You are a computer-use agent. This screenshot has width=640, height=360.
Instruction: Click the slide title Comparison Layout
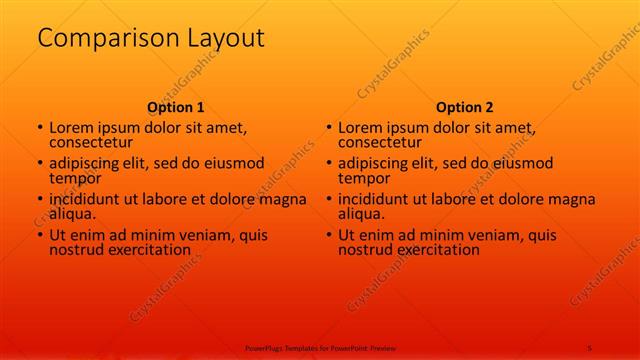point(151,39)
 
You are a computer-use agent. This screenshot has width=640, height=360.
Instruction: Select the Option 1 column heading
point(176,107)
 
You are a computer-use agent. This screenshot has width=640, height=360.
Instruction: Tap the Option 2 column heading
point(465,107)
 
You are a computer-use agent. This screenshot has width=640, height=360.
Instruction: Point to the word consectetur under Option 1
point(90,143)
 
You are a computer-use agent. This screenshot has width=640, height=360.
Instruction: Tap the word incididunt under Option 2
point(376,199)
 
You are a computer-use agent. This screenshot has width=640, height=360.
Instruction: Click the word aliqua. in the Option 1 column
point(72,214)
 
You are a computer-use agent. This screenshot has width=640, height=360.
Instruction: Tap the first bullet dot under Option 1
point(40,128)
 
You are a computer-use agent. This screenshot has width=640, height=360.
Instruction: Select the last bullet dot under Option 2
point(329,234)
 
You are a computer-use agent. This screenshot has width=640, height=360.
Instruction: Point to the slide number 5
point(590,348)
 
